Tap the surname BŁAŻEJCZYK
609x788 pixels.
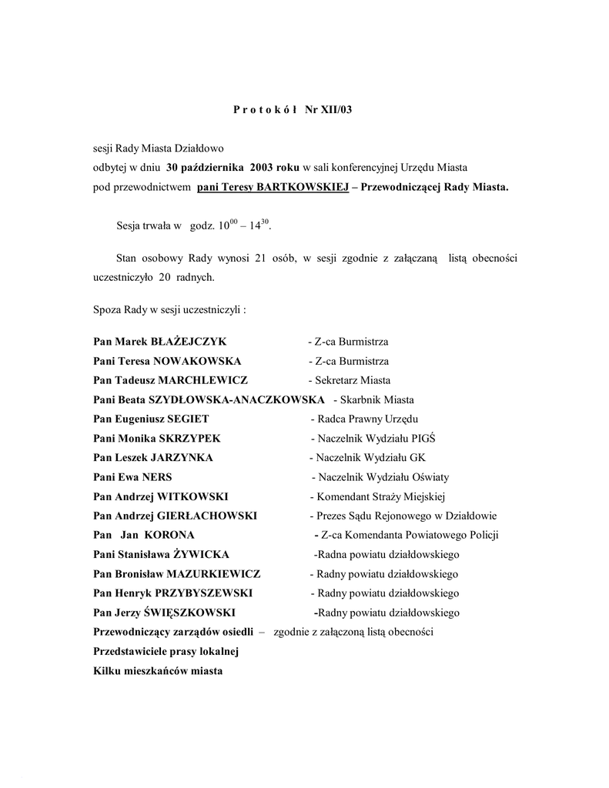coord(189,342)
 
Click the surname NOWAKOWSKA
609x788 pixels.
coord(197,362)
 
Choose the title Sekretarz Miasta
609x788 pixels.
coord(353,381)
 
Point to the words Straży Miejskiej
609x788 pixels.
coord(408,497)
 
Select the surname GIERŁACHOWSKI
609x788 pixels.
coord(207,516)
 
